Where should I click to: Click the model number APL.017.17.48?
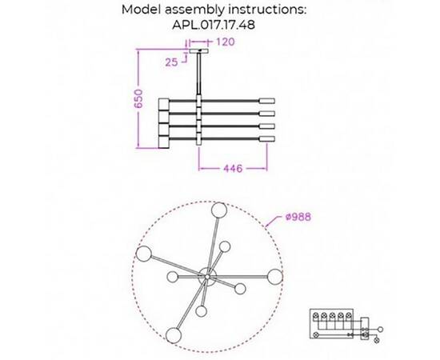tap(214, 25)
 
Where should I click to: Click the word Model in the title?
tap(142, 10)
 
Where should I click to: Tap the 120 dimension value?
tap(226, 42)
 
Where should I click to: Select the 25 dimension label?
tap(171, 62)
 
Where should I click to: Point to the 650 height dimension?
tap(138, 98)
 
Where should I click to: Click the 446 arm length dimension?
tap(233, 168)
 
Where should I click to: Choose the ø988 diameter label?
tap(298, 217)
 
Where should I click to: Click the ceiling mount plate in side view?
tap(199, 51)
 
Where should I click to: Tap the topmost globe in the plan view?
tap(219, 210)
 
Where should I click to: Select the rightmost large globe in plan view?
tap(274, 277)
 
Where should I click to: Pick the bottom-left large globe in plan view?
tap(174, 335)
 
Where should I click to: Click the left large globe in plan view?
tap(144, 254)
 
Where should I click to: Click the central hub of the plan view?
tap(207, 277)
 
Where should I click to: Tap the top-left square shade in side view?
tap(164, 104)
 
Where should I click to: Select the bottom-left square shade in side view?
tap(164, 142)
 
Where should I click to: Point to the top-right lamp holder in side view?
tap(267, 101)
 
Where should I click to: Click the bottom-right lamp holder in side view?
tap(267, 139)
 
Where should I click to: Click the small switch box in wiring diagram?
tap(365, 329)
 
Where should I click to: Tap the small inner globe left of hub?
tap(172, 277)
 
